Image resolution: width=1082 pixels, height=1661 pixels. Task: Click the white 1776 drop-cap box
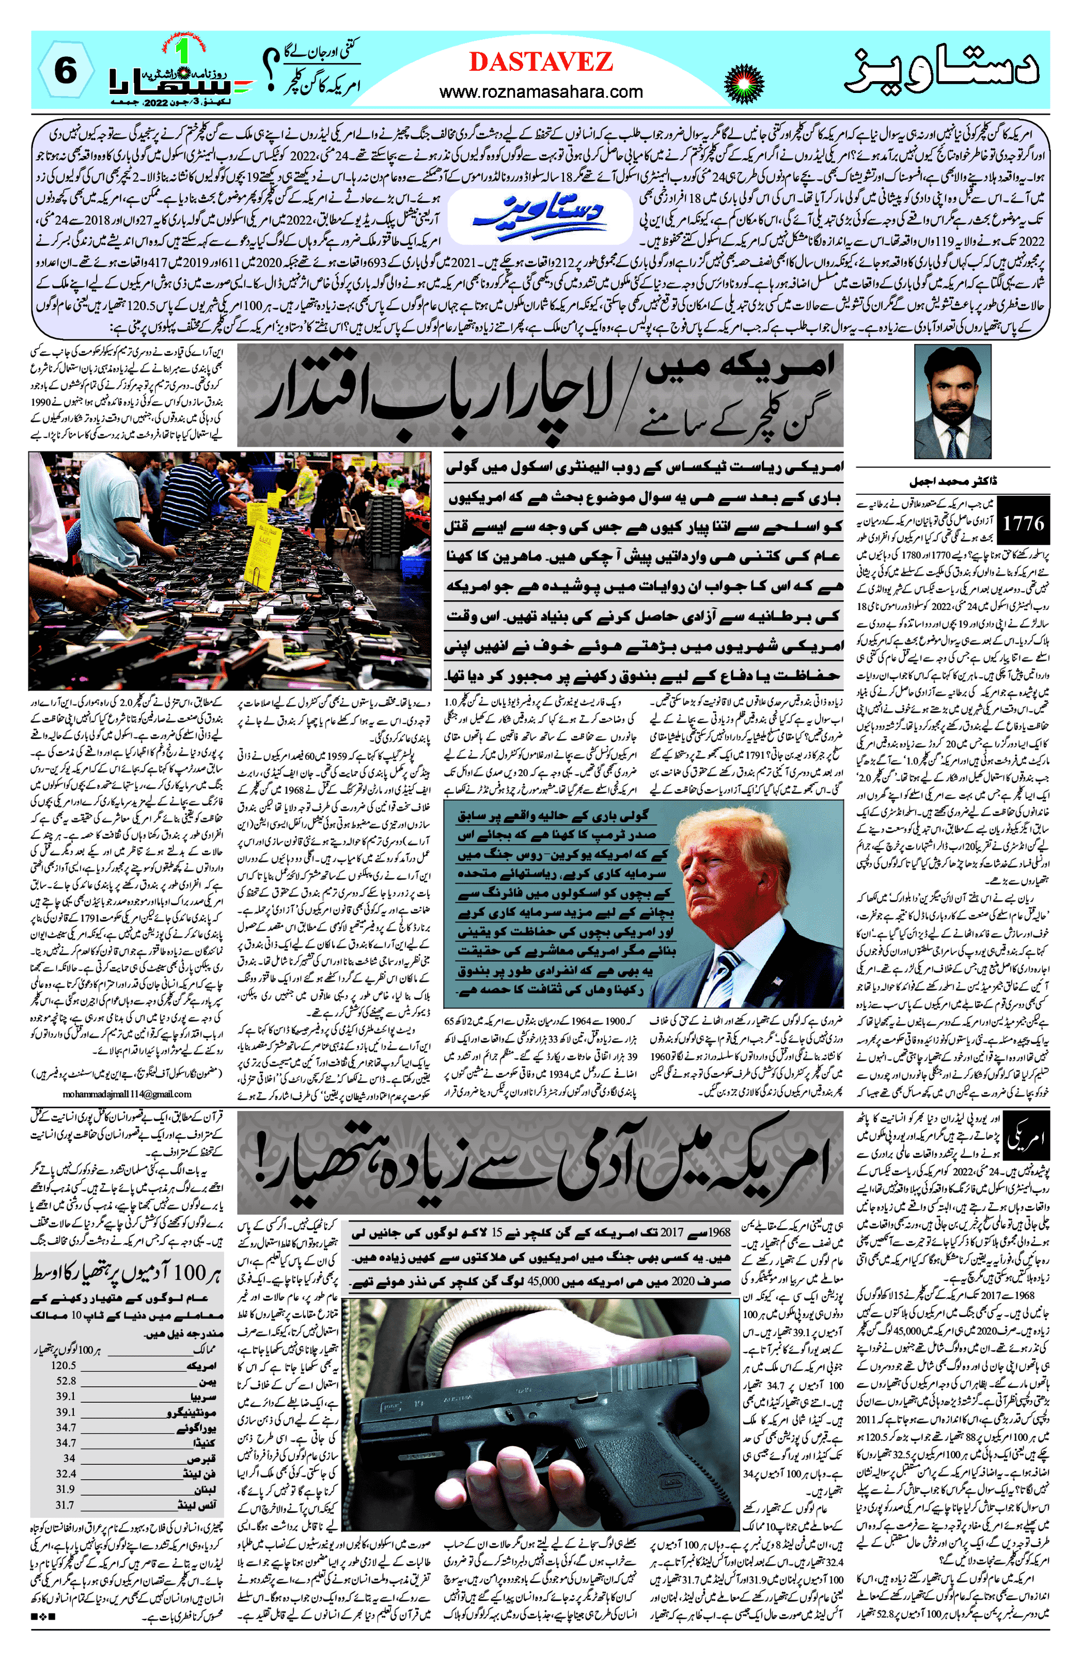click(1024, 523)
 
